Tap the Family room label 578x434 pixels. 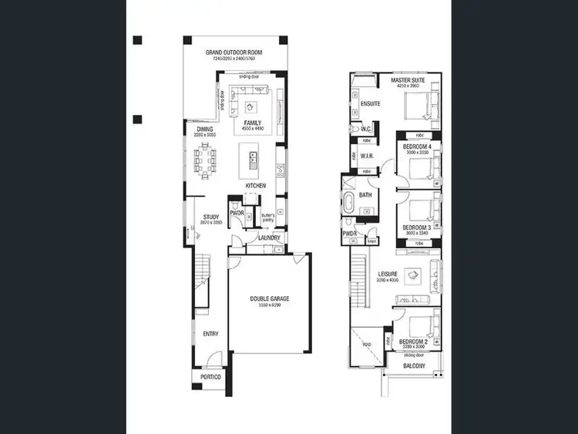(253, 123)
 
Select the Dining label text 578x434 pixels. (204, 130)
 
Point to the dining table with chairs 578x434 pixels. (206, 160)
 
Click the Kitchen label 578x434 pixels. (255, 186)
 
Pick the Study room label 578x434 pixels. (212, 217)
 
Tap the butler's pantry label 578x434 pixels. (268, 218)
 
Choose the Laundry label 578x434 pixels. (269, 237)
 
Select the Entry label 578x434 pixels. (210, 334)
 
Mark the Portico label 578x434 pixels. (210, 377)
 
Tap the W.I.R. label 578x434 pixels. (368, 156)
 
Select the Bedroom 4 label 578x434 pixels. (417, 147)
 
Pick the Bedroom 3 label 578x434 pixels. (417, 227)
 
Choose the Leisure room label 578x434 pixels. (387, 274)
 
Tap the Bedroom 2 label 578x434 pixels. (416, 341)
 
